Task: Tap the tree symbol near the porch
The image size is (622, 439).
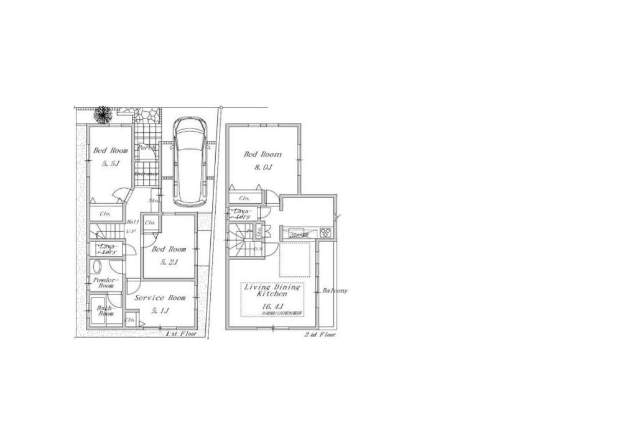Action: point(102,114)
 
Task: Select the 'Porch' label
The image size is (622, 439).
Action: point(147,148)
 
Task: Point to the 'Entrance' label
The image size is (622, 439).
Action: point(147,174)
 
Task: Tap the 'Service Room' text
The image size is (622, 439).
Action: point(160,298)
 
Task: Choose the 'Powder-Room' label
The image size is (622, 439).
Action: point(104,283)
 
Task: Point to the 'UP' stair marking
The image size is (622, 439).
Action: point(131,232)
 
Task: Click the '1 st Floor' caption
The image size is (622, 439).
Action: point(181,334)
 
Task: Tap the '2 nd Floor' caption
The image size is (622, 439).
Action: point(320,335)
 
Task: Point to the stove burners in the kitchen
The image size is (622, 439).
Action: point(327,233)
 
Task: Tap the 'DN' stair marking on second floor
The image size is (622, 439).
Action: point(257,249)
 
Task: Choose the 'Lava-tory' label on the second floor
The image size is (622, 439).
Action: point(241,214)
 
